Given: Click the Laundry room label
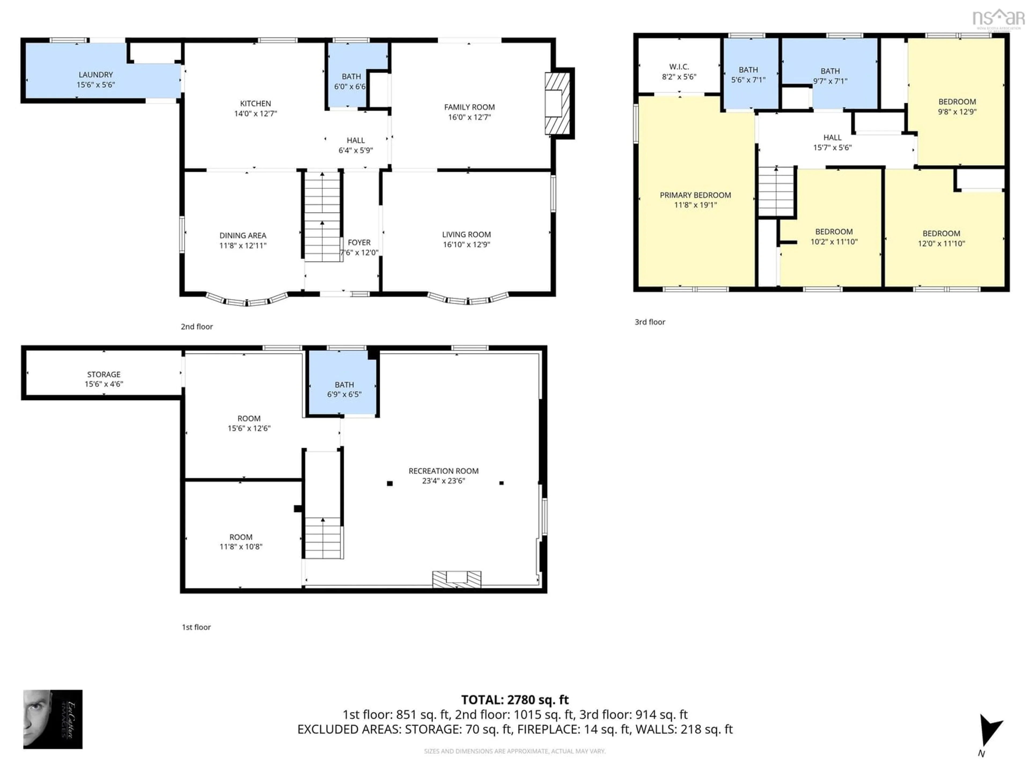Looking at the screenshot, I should tap(95, 75).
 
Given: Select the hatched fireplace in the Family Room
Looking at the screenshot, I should tap(558, 103).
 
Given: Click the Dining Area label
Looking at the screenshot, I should tap(242, 235).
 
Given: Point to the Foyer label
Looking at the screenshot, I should tap(359, 242).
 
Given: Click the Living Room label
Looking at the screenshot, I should tap(466, 235).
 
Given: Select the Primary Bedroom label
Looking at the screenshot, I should tap(695, 195).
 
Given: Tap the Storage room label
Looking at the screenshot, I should tap(103, 374).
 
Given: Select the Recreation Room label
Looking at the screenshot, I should tap(443, 471).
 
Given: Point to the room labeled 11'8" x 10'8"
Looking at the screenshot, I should tap(241, 542).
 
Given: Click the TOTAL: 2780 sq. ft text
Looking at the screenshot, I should tap(514, 699).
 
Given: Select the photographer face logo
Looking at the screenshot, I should tap(53, 719).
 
